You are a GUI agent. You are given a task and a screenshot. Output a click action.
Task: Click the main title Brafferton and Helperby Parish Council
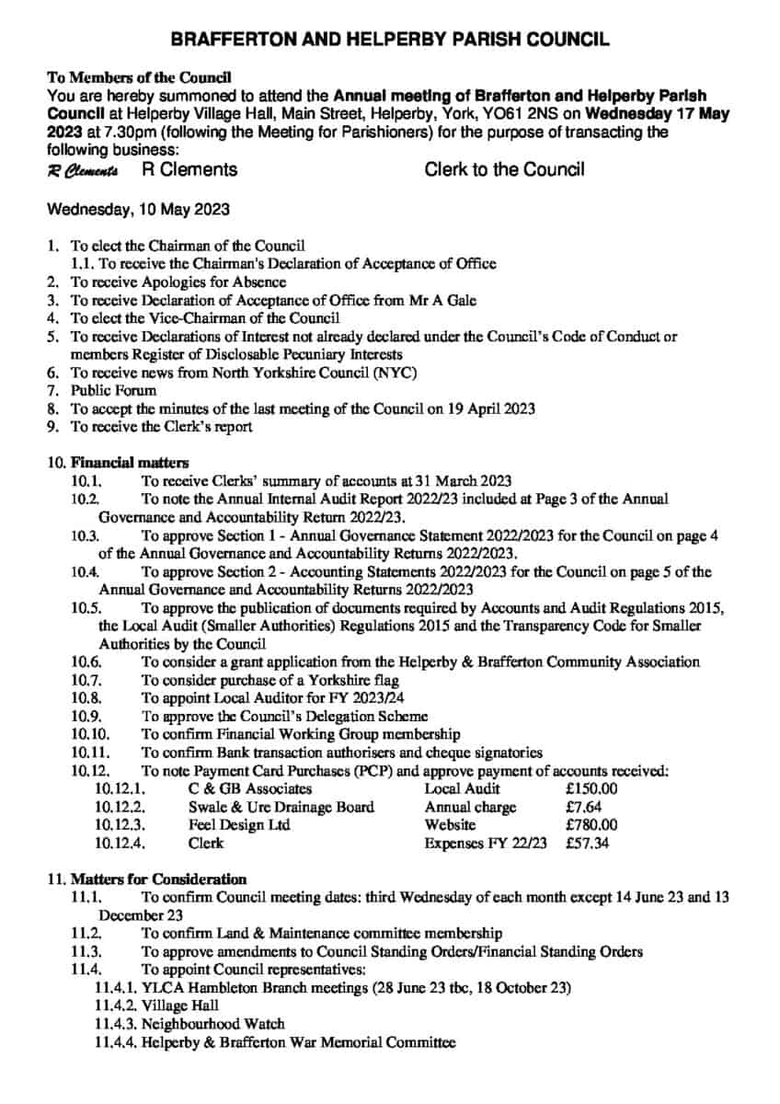click(x=390, y=40)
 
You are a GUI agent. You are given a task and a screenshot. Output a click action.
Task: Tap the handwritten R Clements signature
click(x=83, y=171)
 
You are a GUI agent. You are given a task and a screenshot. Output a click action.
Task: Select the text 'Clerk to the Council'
click(x=504, y=170)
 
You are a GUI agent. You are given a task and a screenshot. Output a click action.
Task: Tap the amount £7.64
click(x=586, y=807)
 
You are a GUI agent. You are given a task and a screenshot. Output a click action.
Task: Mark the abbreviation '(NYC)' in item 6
click(x=396, y=372)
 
